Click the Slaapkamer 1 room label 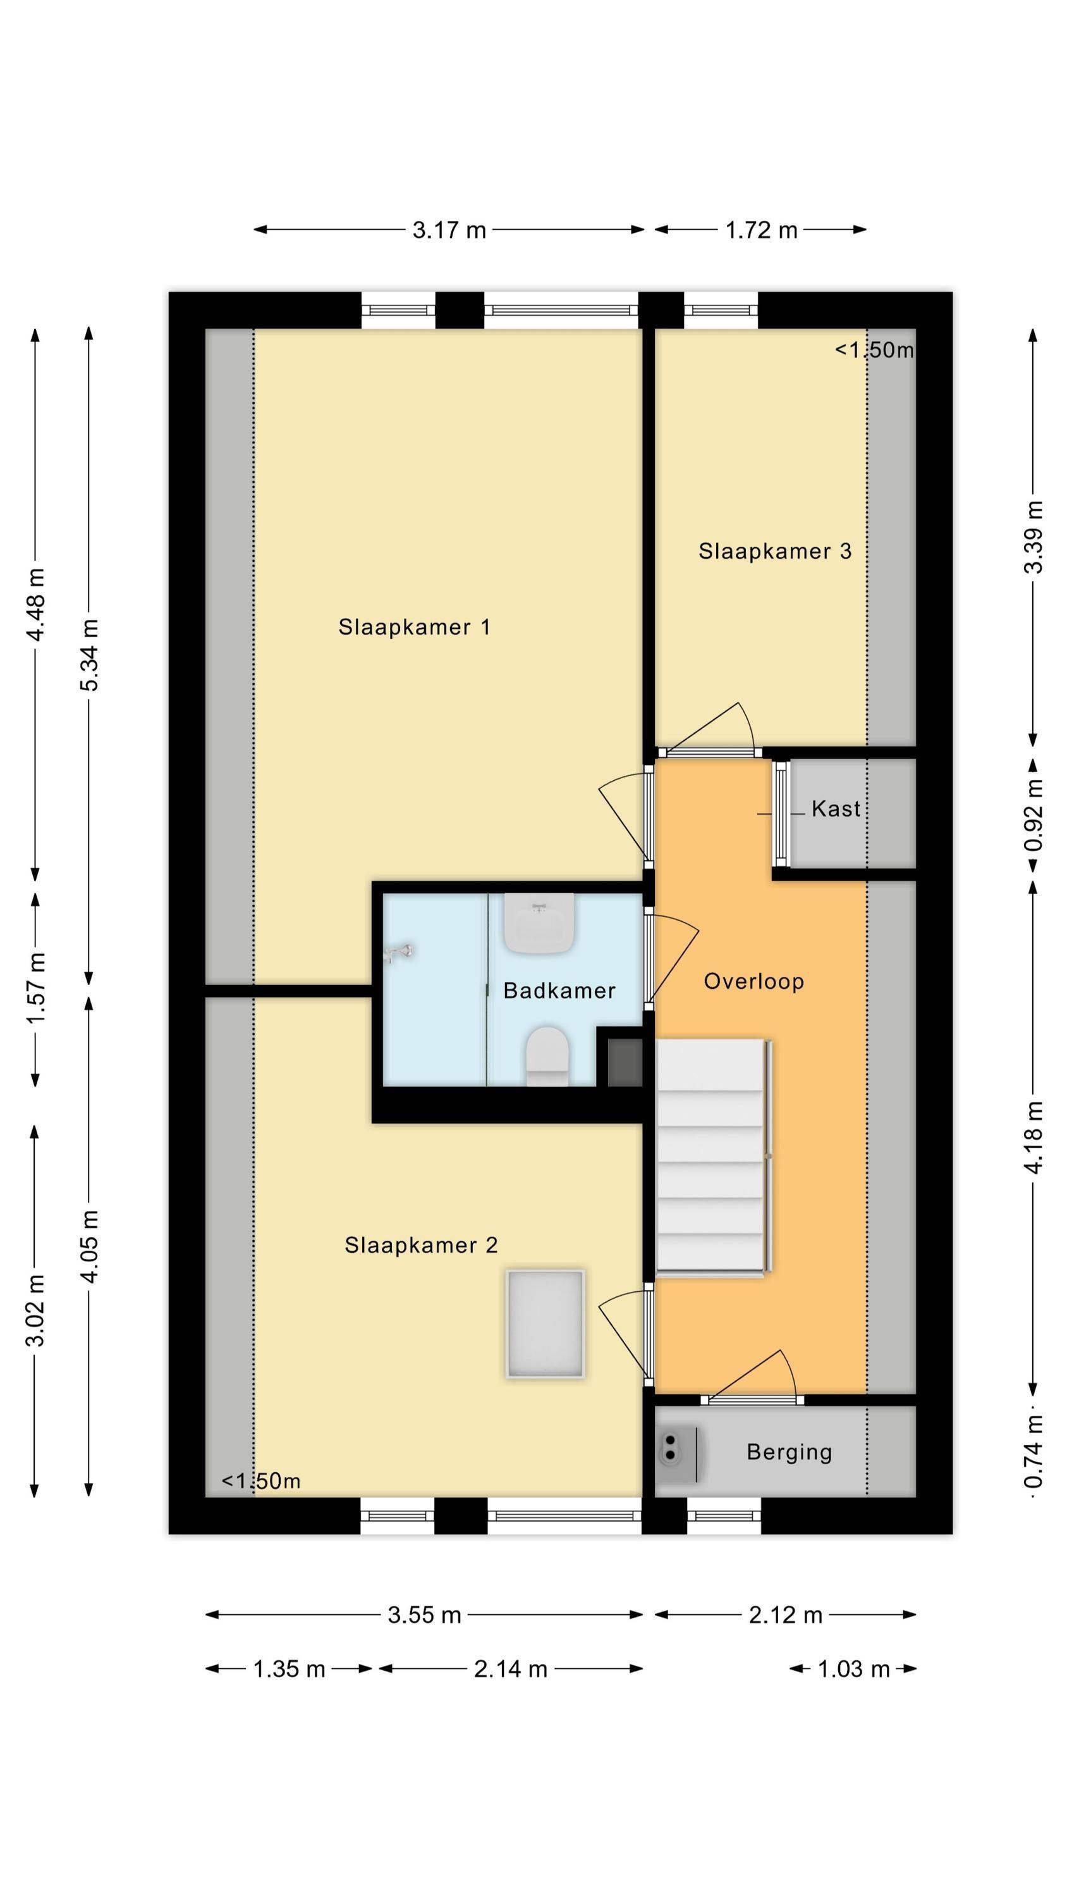(x=414, y=627)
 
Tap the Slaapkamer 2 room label (x=421, y=1245)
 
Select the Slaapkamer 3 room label (x=775, y=551)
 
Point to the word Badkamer (x=559, y=990)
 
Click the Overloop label (x=753, y=981)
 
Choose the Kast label (x=836, y=809)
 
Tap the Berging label (x=790, y=1452)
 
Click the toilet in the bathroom (x=547, y=1056)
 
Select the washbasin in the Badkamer (x=539, y=923)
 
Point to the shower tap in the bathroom (x=398, y=953)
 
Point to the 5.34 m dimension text (x=89, y=655)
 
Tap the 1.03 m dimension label (x=854, y=1669)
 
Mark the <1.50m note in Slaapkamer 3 (x=874, y=350)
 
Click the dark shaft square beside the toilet (x=625, y=1062)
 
